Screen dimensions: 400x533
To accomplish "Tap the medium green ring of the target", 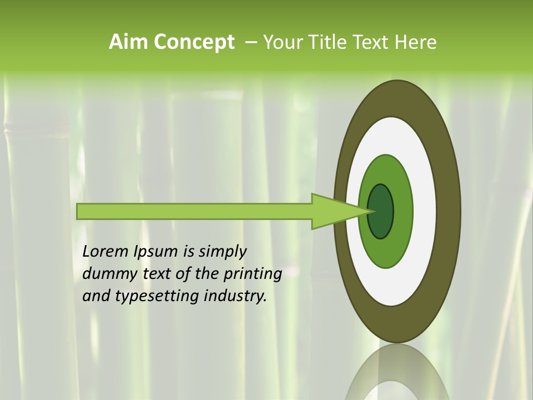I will pos(402,211).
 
